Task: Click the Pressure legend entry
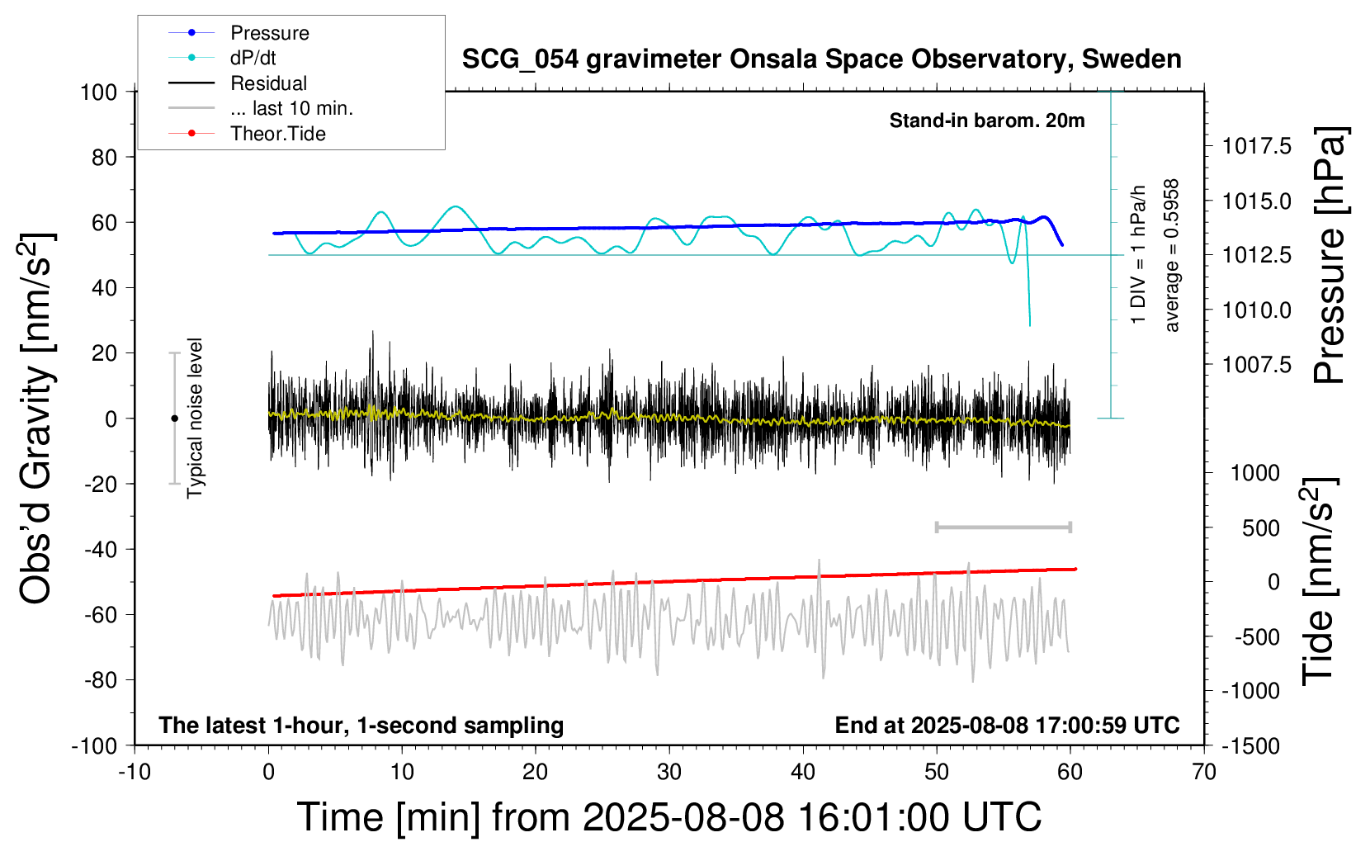[x=239, y=32]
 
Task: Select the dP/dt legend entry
[x=222, y=58]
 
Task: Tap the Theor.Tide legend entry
[x=247, y=134]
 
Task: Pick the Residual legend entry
[x=238, y=83]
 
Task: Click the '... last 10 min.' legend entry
[x=261, y=108]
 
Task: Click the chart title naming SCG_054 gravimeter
[x=821, y=59]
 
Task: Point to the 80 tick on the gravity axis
[x=104, y=158]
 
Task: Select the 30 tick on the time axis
[x=669, y=772]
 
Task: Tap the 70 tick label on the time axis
[x=1203, y=772]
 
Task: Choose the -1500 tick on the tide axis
[x=1250, y=746]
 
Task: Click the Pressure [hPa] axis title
[x=1330, y=255]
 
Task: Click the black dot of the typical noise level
[x=174, y=419]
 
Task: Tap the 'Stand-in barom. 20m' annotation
[x=987, y=121]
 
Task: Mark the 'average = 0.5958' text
[x=1171, y=255]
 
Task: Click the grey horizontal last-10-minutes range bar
[x=1003, y=527]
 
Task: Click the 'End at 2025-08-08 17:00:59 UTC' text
[x=1008, y=725]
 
